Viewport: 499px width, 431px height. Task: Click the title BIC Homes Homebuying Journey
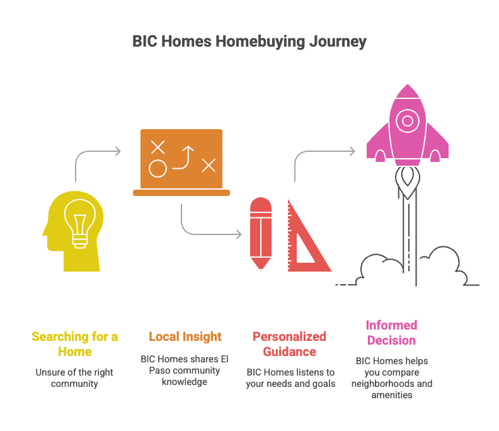coord(249,42)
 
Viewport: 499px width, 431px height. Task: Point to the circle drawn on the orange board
coord(158,169)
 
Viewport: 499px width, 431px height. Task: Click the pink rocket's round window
coord(408,120)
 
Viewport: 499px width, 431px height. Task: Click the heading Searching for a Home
coord(74,343)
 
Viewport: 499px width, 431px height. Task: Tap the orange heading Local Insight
coord(185,336)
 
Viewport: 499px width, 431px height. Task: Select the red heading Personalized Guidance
coord(290,343)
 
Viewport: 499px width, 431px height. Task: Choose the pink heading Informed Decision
coord(391,333)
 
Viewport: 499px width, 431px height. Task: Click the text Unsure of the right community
coord(74,377)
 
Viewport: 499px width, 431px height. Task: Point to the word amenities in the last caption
coord(391,395)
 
